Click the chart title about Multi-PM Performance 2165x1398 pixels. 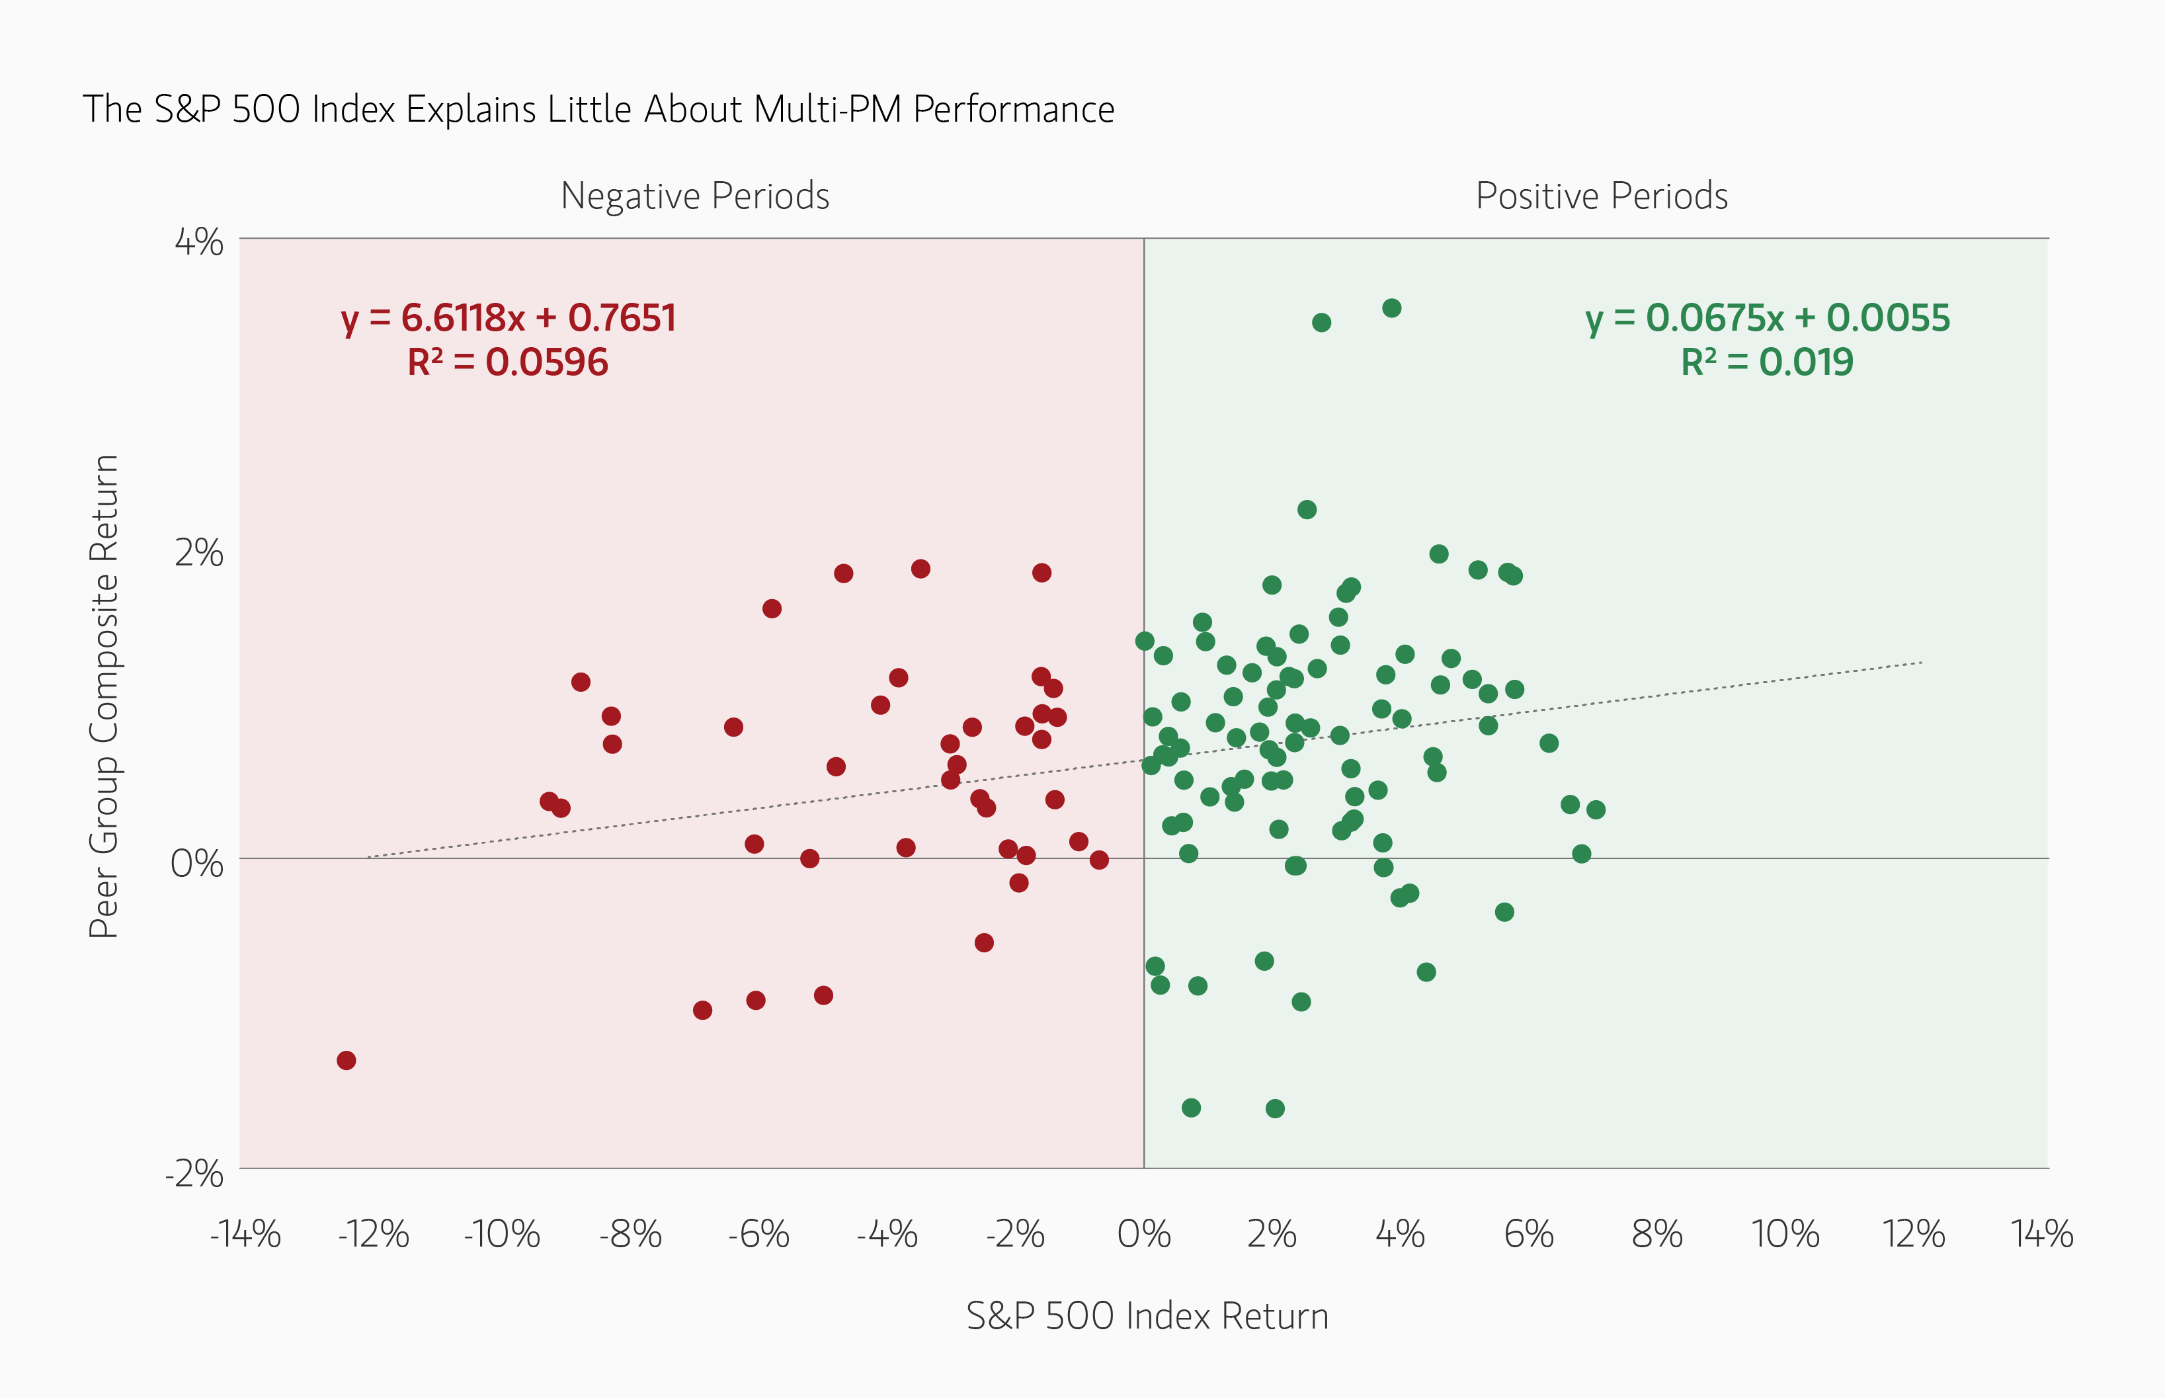598,109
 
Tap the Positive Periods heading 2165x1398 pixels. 1602,196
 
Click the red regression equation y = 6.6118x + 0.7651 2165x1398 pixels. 509,317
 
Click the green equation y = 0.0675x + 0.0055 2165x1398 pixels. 1768,317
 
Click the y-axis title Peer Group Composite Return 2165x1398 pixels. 103,696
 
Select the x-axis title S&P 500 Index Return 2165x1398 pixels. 1147,1315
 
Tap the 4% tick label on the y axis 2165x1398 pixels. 199,243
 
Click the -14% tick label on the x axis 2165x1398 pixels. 245,1235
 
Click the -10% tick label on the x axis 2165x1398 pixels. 501,1235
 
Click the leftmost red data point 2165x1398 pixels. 346,1060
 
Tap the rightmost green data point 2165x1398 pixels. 1596,809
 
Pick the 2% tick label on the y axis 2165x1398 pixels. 199,553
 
